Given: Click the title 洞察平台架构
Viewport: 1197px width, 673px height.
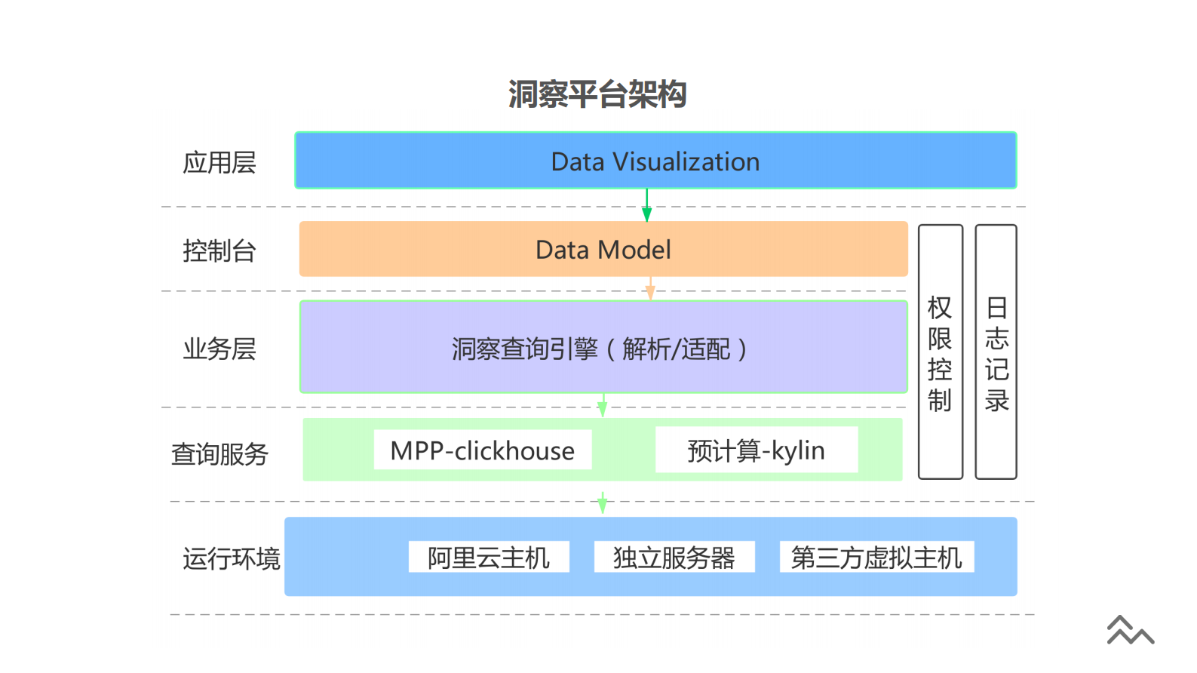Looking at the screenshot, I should [x=597, y=94].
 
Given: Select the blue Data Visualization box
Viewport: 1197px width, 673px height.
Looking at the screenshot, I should [x=655, y=161].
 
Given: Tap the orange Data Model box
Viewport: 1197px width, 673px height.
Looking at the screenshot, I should [x=603, y=250].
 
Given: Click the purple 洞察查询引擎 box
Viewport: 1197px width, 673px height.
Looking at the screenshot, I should [x=603, y=348].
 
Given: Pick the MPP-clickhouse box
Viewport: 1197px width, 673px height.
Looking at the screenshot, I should [x=482, y=450].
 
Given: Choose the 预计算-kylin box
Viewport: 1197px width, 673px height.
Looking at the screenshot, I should [x=756, y=450].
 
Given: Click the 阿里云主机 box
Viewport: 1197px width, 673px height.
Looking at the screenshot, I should [x=488, y=558].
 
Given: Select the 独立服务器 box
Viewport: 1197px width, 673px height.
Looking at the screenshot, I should [x=674, y=558].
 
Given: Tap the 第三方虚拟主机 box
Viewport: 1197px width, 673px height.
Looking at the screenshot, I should [x=876, y=558].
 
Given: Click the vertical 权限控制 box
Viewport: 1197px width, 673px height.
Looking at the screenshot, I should [x=940, y=352].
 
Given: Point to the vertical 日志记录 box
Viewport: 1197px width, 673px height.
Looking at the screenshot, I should [x=996, y=352].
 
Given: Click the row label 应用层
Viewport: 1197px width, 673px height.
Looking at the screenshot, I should [x=219, y=162].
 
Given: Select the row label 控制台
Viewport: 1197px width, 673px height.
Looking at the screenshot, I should [x=219, y=250].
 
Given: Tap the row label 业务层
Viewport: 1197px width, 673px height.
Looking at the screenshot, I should [x=219, y=349].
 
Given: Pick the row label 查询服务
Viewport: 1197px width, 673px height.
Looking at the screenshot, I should [x=219, y=454].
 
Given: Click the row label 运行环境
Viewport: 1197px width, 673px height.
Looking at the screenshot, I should [x=231, y=558].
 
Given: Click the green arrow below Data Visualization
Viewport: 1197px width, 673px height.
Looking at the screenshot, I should [x=646, y=205].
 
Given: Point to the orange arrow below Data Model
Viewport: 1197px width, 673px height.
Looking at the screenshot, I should [x=650, y=289].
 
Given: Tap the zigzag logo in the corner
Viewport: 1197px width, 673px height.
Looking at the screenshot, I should [x=1129, y=631].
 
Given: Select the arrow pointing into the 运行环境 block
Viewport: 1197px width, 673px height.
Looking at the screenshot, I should [x=602, y=503].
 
